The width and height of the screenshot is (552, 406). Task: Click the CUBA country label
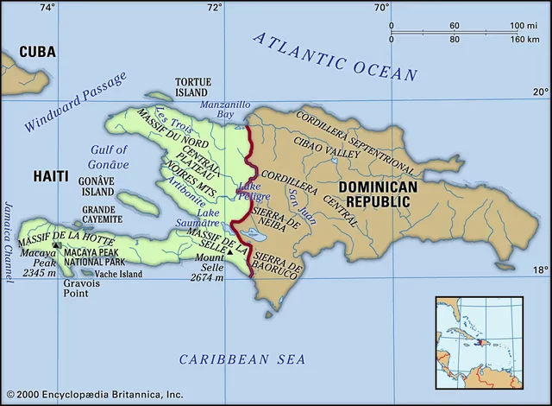(37, 52)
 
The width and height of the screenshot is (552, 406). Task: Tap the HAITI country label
(51, 175)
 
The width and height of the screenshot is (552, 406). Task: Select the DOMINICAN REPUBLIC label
(378, 193)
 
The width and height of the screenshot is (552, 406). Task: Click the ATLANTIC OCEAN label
(336, 57)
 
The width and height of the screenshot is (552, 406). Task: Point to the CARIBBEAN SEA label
(237, 358)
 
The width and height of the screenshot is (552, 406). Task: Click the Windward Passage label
(75, 101)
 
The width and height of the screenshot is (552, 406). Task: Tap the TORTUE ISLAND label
(191, 86)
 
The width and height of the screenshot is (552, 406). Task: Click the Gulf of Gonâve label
(110, 156)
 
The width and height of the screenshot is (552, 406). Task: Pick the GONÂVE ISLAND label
(97, 187)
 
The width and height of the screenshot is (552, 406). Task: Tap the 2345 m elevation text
(40, 273)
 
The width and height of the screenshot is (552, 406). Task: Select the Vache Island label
(118, 274)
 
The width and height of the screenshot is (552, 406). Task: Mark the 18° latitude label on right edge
(539, 270)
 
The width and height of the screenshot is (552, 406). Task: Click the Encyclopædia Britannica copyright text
(94, 394)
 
